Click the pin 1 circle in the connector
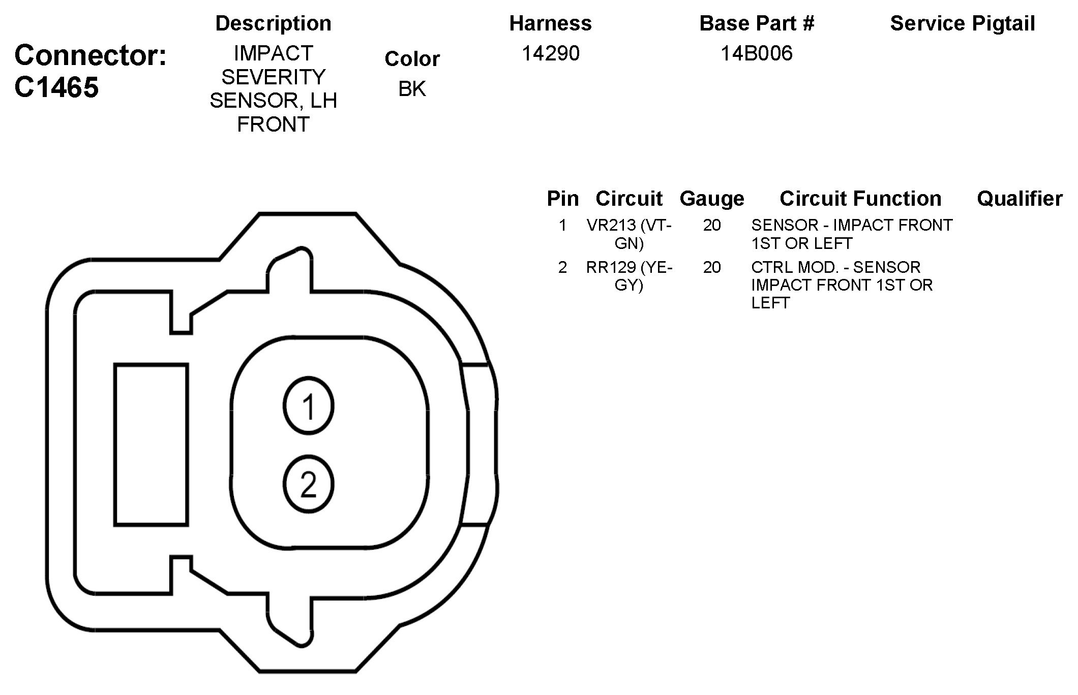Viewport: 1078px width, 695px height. pos(308,406)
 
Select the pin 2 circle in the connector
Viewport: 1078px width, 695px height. pos(308,484)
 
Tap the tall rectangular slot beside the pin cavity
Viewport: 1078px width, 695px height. pos(151,445)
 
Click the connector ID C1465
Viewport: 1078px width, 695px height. pos(56,87)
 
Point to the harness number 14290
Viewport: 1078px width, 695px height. pos(551,53)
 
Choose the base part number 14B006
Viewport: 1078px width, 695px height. pos(756,53)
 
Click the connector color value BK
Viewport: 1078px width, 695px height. pos(412,89)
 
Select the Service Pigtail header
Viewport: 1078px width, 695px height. pos(962,23)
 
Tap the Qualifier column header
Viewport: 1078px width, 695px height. pos(1020,199)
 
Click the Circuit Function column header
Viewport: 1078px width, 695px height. pos(860,199)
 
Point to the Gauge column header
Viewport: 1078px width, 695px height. pos(712,199)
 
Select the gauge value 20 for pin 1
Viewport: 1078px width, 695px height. pos(712,225)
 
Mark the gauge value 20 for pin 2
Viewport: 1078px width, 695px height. pos(712,267)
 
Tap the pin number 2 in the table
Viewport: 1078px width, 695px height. pos(562,267)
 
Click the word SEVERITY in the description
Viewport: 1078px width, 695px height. pos(273,77)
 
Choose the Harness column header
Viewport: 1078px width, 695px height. pos(551,23)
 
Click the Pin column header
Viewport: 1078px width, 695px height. pos(562,199)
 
